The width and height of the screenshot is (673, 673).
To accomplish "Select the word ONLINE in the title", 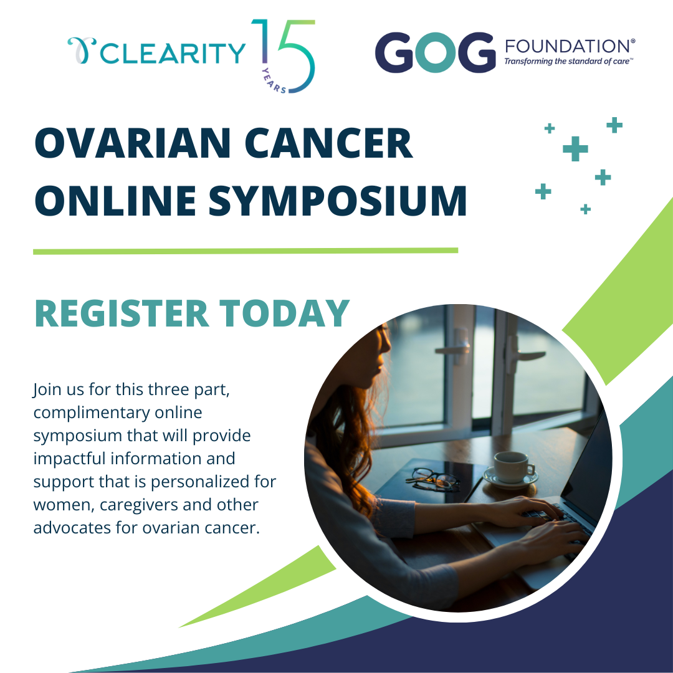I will pyautogui.click(x=115, y=200).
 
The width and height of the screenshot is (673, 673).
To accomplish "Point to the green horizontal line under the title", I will pyautogui.click(x=246, y=251).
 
